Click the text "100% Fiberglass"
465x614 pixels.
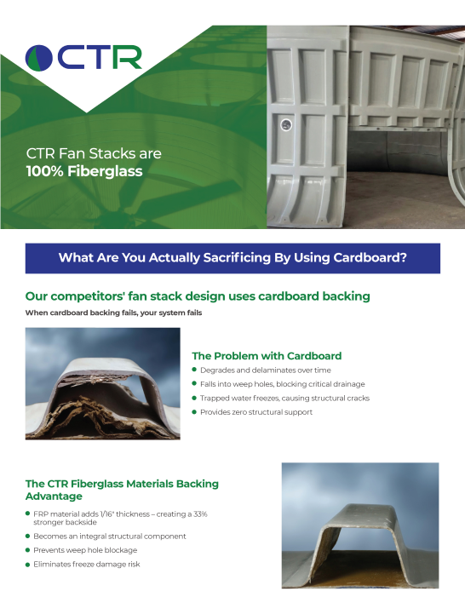84,171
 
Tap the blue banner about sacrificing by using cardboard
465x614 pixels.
232,258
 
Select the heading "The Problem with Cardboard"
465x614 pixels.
267,355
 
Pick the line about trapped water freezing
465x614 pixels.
284,398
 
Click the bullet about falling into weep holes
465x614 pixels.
282,384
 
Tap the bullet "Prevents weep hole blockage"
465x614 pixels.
85,550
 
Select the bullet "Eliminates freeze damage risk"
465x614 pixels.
86,564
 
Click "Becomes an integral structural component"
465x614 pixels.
109,537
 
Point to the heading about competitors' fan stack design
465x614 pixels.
198,296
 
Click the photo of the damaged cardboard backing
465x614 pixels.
102,383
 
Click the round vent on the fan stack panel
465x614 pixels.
287,125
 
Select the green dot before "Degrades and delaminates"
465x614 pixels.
194,370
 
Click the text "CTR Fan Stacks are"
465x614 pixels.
94,154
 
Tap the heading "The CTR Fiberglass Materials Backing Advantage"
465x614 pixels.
122,489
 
